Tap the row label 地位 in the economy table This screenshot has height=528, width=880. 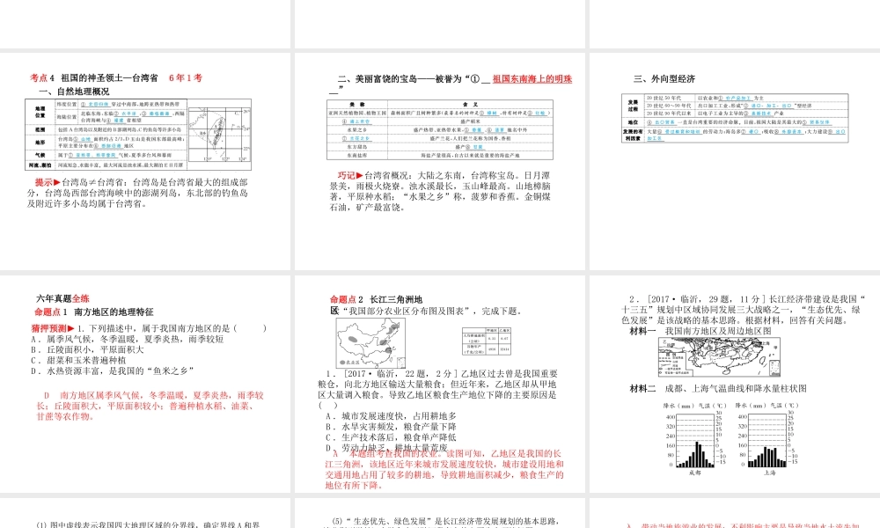tap(632, 122)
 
